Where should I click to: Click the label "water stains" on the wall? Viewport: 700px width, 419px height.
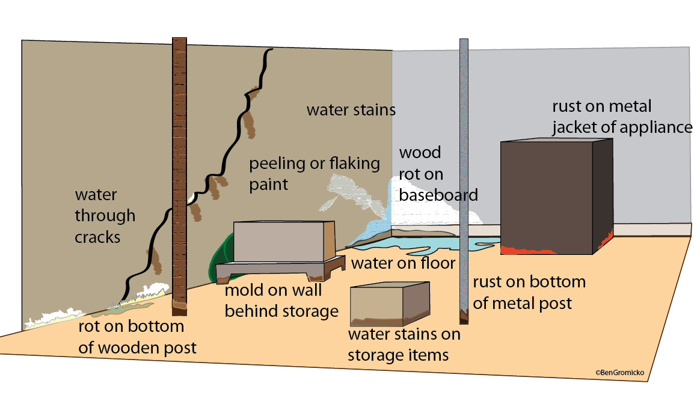click(x=351, y=110)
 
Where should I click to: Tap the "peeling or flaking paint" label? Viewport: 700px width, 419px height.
click(x=315, y=174)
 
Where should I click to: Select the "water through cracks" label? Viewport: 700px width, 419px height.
click(x=105, y=216)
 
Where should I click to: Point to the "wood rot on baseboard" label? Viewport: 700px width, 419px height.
click(x=438, y=174)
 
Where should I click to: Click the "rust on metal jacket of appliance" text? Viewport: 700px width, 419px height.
click(x=622, y=117)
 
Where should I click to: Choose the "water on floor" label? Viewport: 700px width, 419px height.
click(x=403, y=263)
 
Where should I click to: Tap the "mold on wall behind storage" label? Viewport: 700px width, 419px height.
click(x=281, y=301)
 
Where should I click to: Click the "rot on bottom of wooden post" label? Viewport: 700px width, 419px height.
click(x=137, y=337)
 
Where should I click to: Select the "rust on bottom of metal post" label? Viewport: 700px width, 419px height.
click(x=529, y=292)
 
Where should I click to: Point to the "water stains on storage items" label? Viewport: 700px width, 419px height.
click(x=404, y=344)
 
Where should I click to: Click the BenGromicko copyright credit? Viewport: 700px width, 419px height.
click(x=619, y=372)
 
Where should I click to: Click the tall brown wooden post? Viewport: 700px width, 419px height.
click(x=179, y=176)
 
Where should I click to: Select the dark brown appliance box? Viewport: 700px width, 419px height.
click(x=556, y=197)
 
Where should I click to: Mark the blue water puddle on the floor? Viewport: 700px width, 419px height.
click(x=424, y=243)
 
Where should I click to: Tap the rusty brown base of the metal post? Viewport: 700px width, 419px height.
click(x=464, y=317)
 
